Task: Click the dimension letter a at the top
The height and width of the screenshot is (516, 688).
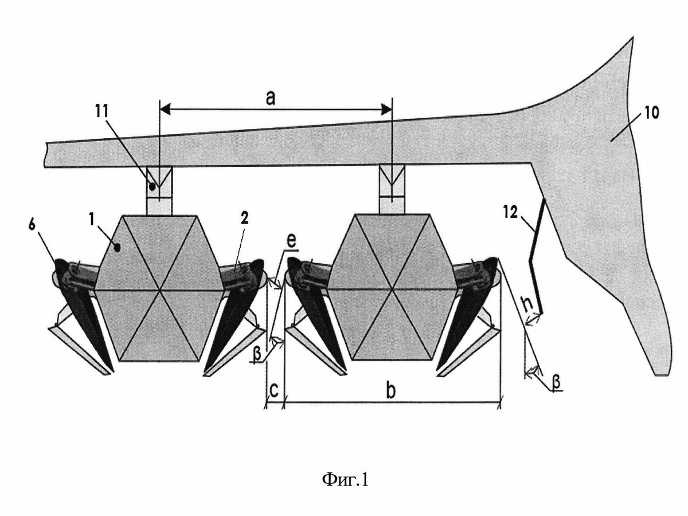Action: pyautogui.click(x=271, y=98)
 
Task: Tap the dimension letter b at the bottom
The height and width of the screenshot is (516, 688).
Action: pyautogui.click(x=390, y=390)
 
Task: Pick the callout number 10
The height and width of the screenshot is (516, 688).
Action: pyautogui.click(x=652, y=113)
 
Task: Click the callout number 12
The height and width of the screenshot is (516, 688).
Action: pyautogui.click(x=511, y=213)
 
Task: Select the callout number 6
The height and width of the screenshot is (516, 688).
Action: pyautogui.click(x=32, y=225)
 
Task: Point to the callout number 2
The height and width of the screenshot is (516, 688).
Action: pyautogui.click(x=244, y=218)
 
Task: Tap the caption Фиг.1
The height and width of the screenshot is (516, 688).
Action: pyautogui.click(x=345, y=480)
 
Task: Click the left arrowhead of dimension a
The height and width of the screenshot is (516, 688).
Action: pyautogui.click(x=166, y=110)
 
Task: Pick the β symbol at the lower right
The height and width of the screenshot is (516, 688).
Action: pyautogui.click(x=556, y=384)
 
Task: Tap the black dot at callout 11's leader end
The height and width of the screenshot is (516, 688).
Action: pyautogui.click(x=152, y=187)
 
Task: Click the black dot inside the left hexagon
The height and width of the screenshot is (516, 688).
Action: pyautogui.click(x=118, y=248)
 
